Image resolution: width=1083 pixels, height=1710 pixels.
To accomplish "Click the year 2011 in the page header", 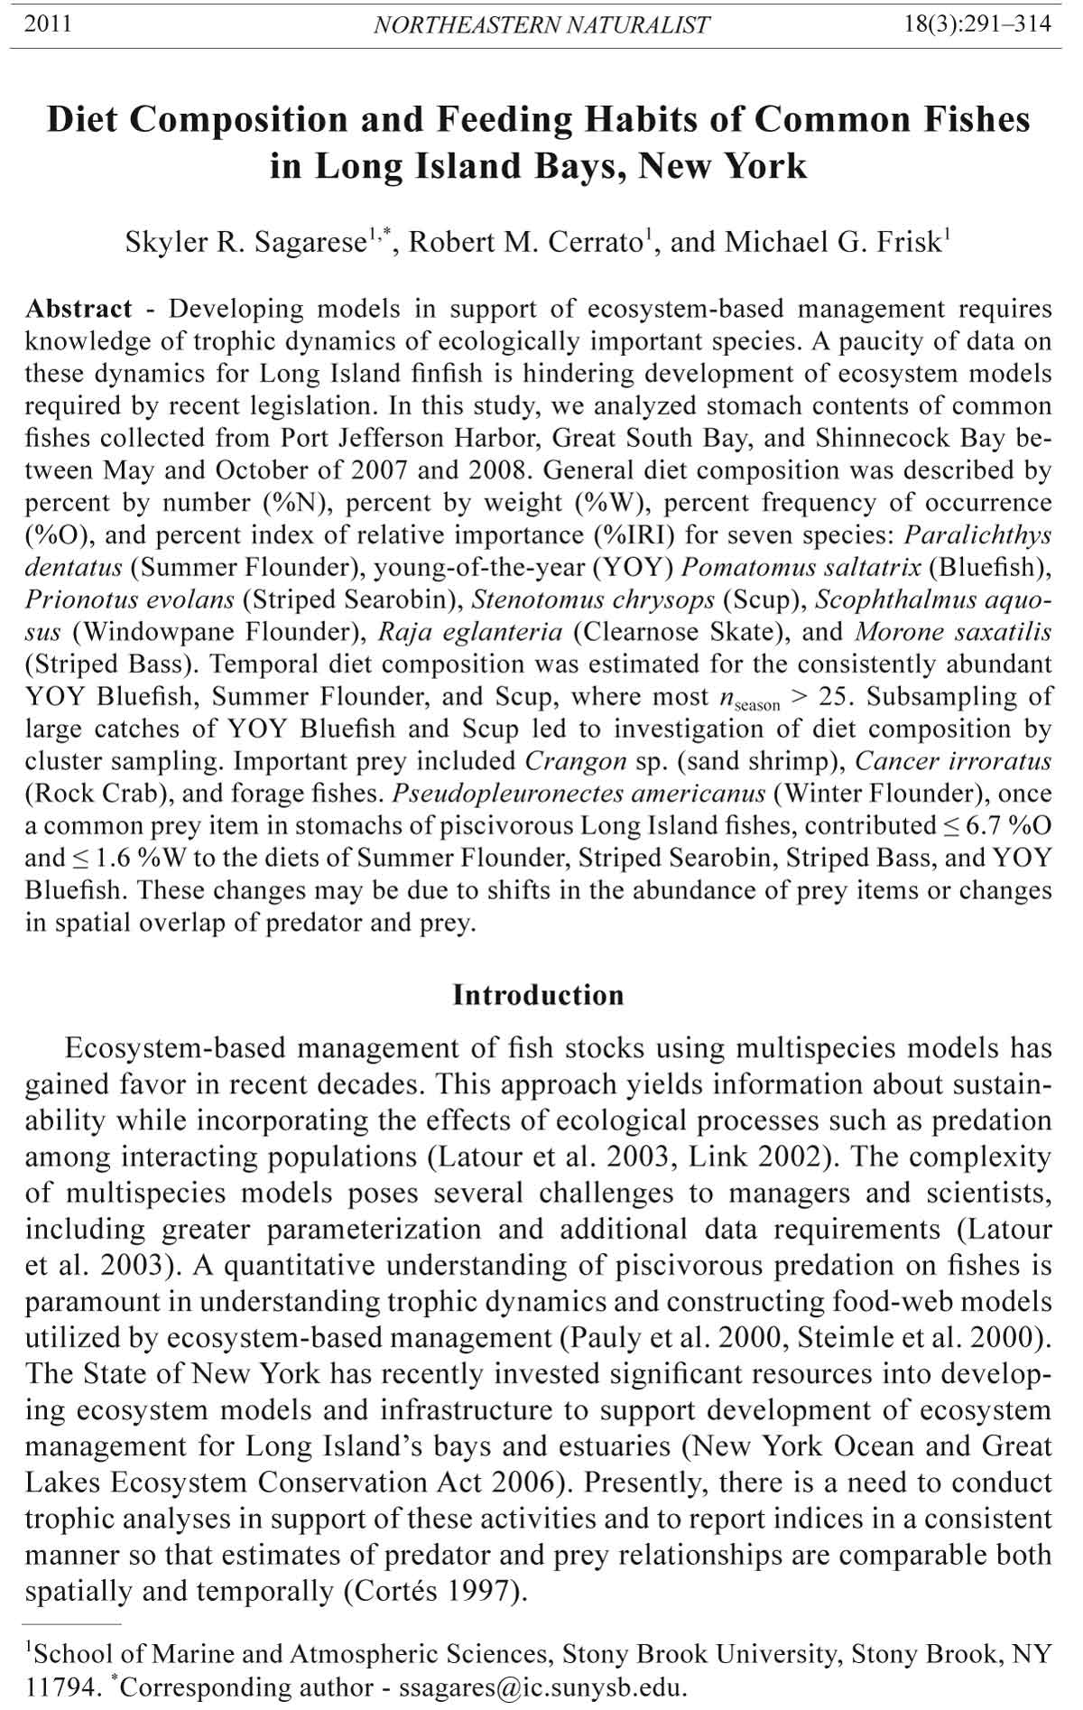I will [x=48, y=24].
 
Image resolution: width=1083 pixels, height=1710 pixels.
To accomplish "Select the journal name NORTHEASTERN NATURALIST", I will [x=541, y=25].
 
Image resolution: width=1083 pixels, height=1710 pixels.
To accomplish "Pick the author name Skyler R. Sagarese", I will [x=245, y=243].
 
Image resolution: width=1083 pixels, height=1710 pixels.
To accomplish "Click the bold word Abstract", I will [x=79, y=309].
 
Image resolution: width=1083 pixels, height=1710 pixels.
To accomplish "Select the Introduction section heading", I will [x=538, y=995].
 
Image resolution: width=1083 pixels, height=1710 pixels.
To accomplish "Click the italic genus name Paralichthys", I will [x=977, y=535].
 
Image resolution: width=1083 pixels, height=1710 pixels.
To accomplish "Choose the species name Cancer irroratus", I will [x=953, y=761].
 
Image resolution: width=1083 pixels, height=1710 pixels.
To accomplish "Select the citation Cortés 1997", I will [x=433, y=1590].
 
